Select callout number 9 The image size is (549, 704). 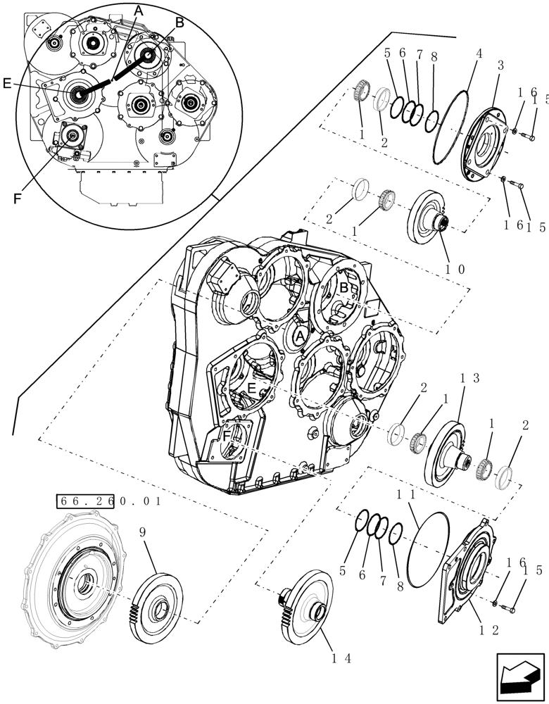[144, 534]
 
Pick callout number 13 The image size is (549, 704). [470, 379]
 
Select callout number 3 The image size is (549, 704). [500, 65]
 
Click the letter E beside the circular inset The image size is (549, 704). [7, 83]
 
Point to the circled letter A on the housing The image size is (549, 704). [300, 337]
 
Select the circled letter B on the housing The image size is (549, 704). [344, 288]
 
